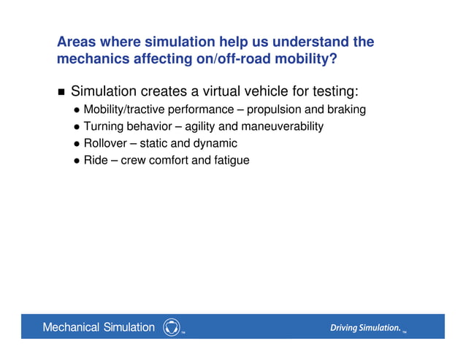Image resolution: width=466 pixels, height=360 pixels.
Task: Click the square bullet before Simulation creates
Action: click(x=61, y=93)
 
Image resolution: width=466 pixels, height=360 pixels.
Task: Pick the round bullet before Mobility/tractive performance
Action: click(x=77, y=110)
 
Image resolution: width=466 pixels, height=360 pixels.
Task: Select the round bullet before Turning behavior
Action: click(x=77, y=127)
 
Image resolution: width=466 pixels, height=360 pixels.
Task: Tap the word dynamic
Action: click(x=215, y=143)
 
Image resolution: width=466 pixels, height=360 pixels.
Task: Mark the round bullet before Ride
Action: click(x=77, y=161)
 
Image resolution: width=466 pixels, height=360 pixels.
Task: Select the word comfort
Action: click(x=169, y=160)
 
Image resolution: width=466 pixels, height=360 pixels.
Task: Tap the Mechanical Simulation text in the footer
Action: click(x=99, y=327)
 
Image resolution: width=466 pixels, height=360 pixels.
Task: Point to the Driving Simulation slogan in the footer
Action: click(x=364, y=328)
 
